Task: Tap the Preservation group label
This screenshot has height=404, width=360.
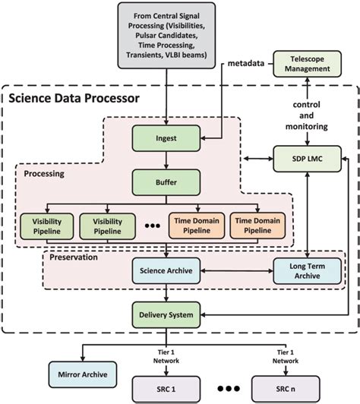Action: [x=74, y=257]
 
